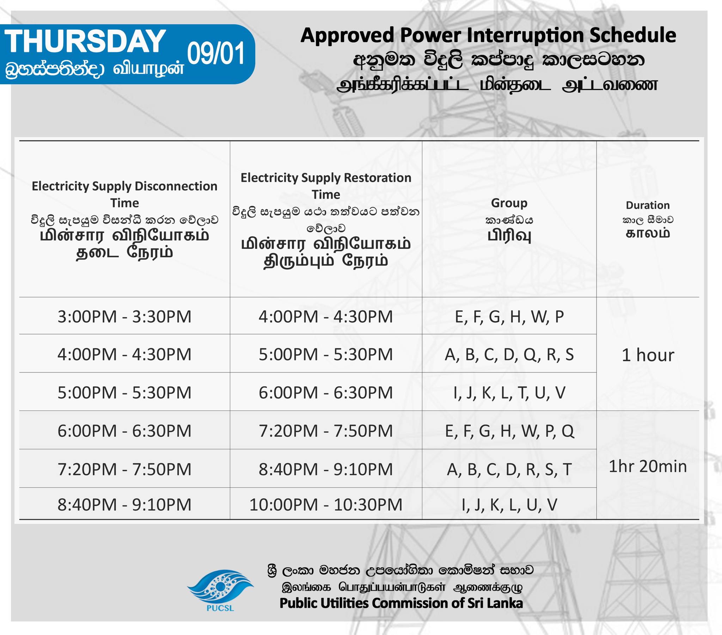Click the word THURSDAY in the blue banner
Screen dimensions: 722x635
click(85, 41)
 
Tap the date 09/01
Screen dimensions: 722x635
click(216, 53)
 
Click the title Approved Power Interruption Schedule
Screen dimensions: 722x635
click(488, 35)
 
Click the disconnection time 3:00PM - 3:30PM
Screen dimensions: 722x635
click(124, 316)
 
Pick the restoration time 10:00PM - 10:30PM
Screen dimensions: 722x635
click(326, 505)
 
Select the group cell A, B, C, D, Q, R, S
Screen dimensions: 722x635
click(509, 355)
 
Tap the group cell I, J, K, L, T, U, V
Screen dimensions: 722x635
click(509, 393)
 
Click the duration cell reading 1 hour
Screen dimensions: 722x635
click(648, 355)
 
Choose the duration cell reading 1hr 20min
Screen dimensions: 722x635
click(648, 467)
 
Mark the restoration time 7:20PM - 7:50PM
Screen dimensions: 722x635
click(326, 431)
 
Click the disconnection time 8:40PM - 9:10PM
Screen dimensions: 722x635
click(124, 505)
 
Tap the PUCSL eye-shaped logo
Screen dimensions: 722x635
click(220, 588)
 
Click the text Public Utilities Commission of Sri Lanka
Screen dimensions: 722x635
click(401, 603)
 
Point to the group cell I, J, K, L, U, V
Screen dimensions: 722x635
click(509, 505)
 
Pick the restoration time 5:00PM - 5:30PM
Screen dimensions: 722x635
click(326, 355)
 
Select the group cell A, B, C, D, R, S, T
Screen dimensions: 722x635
click(509, 470)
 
